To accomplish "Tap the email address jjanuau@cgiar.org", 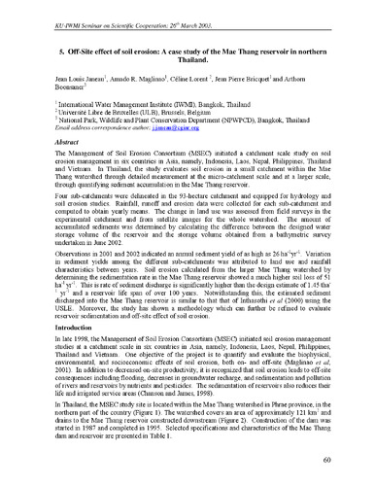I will (171, 126).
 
